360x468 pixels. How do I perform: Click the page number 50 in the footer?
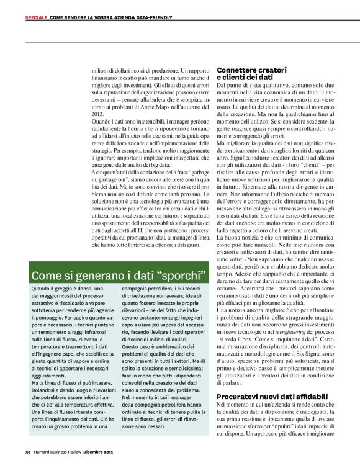click(29, 451)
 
